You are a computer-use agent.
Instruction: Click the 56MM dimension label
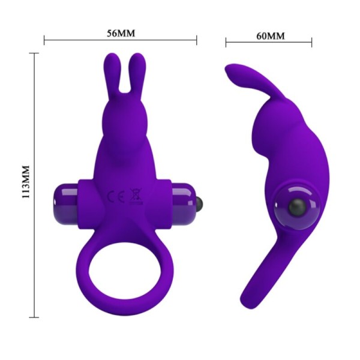121,32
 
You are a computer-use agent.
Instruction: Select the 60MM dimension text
270,35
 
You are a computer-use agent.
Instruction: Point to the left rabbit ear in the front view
112,75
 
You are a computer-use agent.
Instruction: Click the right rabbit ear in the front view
138,75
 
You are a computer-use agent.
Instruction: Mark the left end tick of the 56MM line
45,41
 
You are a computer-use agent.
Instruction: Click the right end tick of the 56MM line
197,41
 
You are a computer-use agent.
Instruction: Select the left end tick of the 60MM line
226,42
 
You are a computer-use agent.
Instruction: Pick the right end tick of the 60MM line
311,42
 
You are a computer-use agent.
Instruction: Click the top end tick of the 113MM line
35,53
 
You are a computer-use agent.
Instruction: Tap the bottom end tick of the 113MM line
35,316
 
